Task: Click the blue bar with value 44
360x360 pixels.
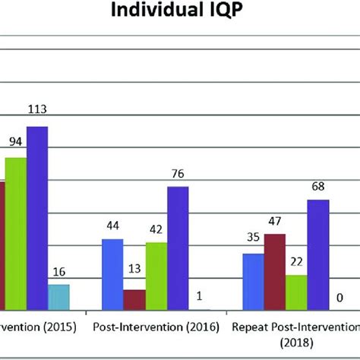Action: (x=112, y=273)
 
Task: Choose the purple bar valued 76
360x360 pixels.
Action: (x=178, y=248)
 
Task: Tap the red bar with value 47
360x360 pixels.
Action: (x=275, y=271)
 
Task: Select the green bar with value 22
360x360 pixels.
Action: (x=296, y=292)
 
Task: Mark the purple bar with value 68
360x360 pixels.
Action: (x=318, y=254)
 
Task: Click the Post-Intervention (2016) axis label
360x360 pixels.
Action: (x=156, y=327)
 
